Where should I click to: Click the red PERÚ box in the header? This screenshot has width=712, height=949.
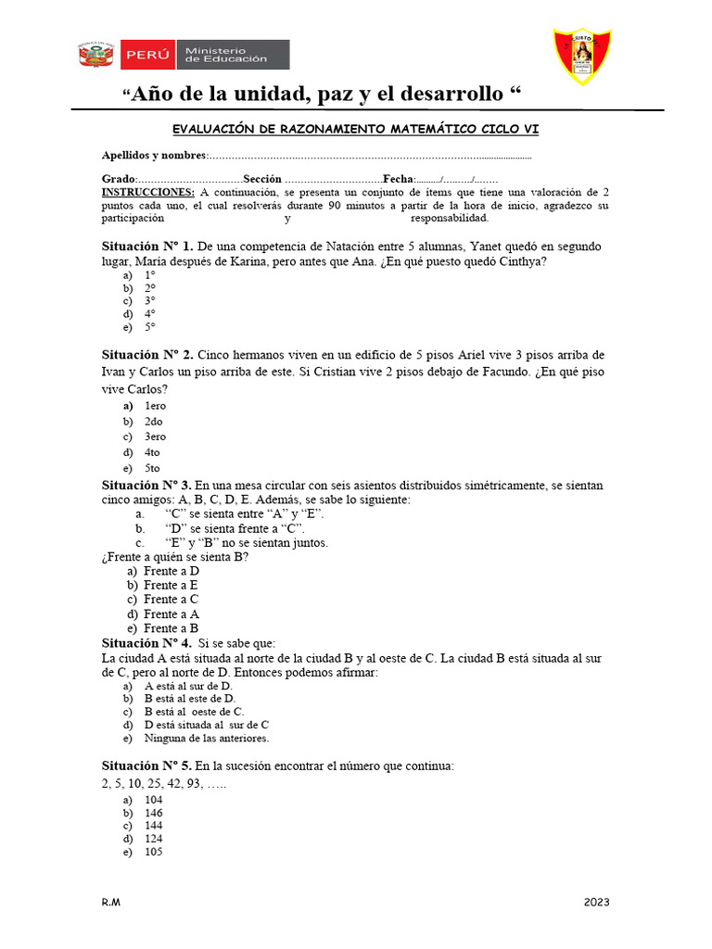click(x=148, y=55)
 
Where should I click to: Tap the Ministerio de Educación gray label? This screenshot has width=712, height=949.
click(x=233, y=55)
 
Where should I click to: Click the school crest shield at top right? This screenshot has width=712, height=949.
click(x=581, y=56)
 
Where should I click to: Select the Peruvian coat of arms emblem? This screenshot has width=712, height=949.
click(x=95, y=55)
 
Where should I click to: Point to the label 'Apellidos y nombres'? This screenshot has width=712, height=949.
click(x=154, y=156)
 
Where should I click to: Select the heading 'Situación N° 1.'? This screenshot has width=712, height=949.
click(x=147, y=247)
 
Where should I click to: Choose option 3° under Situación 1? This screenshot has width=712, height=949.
click(x=149, y=301)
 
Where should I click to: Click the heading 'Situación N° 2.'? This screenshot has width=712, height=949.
click(x=147, y=356)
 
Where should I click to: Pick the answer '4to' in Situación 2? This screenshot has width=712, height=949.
click(x=152, y=452)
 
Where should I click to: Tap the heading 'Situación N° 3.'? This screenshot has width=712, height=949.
click(x=147, y=485)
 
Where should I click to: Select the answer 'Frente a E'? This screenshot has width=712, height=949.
click(x=171, y=585)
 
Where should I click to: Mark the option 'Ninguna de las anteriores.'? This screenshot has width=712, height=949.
click(x=206, y=739)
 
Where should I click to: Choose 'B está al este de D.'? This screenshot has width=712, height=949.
click(x=190, y=698)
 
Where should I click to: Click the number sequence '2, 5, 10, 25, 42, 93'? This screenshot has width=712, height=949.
click(x=152, y=783)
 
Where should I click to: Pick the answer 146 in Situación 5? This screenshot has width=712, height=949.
click(x=154, y=813)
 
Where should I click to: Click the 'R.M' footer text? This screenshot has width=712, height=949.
click(x=111, y=903)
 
